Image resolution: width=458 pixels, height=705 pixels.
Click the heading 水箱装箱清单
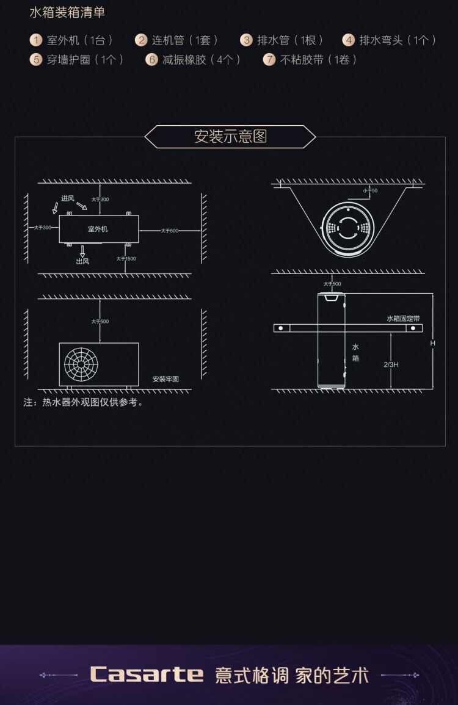(x=67, y=12)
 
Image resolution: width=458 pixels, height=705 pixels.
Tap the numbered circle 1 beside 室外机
(x=36, y=40)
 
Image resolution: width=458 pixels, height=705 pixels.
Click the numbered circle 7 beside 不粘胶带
(x=269, y=60)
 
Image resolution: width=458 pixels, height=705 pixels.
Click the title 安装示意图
(x=230, y=136)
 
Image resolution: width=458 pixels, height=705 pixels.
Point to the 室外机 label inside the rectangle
(x=98, y=229)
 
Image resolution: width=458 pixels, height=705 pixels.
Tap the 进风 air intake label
(x=67, y=198)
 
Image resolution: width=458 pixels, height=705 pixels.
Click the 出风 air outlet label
(x=82, y=261)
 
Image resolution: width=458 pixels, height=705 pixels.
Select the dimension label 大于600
(x=170, y=231)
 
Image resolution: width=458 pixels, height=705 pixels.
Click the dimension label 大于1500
(x=126, y=259)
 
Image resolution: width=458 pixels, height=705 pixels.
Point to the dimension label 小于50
(x=370, y=191)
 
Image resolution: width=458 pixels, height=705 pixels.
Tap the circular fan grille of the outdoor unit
(x=81, y=364)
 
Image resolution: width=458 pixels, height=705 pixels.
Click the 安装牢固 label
(x=165, y=379)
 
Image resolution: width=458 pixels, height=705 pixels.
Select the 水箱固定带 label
(x=403, y=319)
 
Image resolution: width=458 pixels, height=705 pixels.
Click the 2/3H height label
(x=391, y=364)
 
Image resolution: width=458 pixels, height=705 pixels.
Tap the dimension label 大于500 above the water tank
(x=332, y=284)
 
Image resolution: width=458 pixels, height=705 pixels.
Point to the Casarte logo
(x=147, y=674)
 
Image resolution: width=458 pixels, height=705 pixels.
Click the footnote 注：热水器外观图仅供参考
(x=84, y=403)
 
